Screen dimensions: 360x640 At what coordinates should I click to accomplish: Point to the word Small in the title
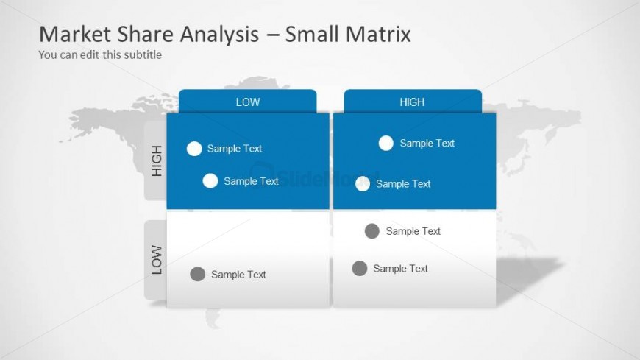tap(313, 34)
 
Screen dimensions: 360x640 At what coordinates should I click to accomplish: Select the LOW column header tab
tap(247, 102)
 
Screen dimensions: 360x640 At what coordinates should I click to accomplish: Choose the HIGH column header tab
tap(412, 102)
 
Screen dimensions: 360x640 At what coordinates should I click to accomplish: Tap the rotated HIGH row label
tap(156, 161)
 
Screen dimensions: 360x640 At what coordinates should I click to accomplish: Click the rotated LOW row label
tap(156, 260)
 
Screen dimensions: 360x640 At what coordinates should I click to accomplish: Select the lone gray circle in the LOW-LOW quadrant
tap(197, 274)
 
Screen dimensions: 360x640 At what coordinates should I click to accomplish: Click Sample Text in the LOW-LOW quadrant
tap(238, 275)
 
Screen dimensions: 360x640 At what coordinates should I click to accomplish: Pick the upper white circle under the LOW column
tap(194, 149)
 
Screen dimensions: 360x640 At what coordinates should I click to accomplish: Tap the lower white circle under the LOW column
tap(210, 181)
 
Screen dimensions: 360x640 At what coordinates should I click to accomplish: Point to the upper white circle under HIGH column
tap(386, 144)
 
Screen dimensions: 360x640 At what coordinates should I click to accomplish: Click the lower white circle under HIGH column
tap(363, 184)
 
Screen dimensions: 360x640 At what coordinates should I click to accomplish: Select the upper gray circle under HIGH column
tap(372, 231)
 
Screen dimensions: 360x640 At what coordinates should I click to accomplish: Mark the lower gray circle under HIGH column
tap(360, 269)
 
